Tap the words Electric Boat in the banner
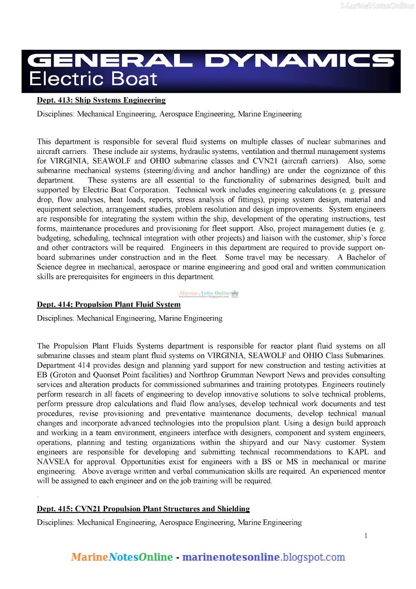click(93, 79)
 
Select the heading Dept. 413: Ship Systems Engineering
click(101, 100)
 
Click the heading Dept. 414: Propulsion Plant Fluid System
click(109, 304)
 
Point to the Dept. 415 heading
click(143, 509)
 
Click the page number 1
click(366, 536)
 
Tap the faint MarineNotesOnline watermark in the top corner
click(377, 6)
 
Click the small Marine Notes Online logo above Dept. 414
click(208, 294)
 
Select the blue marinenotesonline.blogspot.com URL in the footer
click(263, 557)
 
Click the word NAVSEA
click(53, 462)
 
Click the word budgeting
click(53, 238)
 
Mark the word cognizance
click(341, 170)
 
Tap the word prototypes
click(301, 384)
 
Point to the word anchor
click(224, 170)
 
